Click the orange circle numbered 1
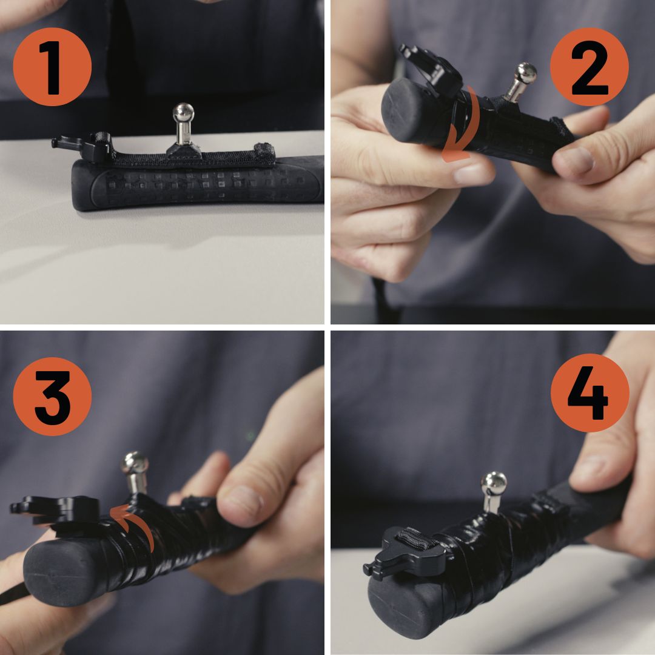(x=52, y=67)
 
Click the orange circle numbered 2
(x=589, y=67)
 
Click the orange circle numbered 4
(x=589, y=393)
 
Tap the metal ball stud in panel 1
(x=183, y=114)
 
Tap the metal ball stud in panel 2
(x=525, y=74)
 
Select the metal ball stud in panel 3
(x=135, y=465)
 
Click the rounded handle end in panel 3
(x=58, y=570)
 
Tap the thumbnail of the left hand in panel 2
(x=470, y=174)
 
